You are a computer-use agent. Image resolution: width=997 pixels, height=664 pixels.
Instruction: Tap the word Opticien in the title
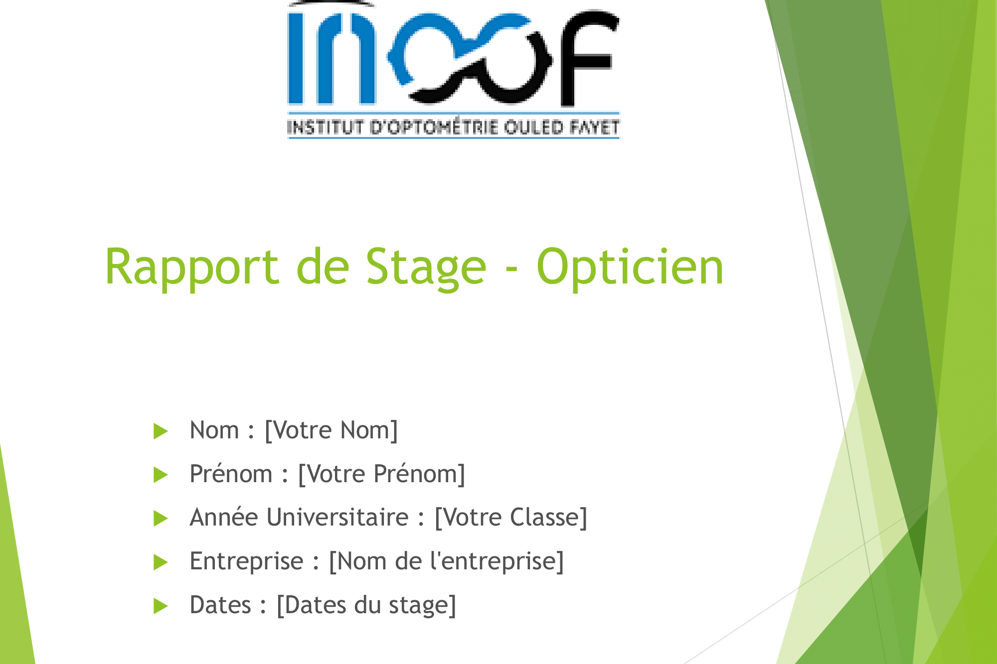tap(630, 267)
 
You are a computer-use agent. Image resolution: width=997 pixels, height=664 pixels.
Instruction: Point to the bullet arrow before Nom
tap(161, 431)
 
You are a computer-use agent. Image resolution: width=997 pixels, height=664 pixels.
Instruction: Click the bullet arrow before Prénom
tap(161, 475)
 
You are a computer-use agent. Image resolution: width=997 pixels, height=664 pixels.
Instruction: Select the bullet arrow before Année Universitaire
tap(161, 519)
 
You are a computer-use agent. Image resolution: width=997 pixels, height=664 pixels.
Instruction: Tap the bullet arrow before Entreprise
tap(161, 562)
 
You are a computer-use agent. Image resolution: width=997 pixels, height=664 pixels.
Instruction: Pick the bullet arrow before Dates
tap(161, 606)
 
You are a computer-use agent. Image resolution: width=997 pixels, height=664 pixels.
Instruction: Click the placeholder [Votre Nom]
tap(331, 430)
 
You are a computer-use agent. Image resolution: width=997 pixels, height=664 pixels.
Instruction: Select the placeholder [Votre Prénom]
tap(381, 474)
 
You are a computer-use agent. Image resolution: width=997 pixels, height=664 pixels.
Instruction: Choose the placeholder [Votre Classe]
tap(511, 518)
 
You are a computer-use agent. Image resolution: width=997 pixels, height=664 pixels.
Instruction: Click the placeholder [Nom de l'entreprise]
tap(446, 561)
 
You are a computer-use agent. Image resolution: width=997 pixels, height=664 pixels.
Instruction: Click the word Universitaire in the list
tap(337, 518)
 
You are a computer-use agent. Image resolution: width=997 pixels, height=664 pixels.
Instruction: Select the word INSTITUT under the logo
tap(326, 128)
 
